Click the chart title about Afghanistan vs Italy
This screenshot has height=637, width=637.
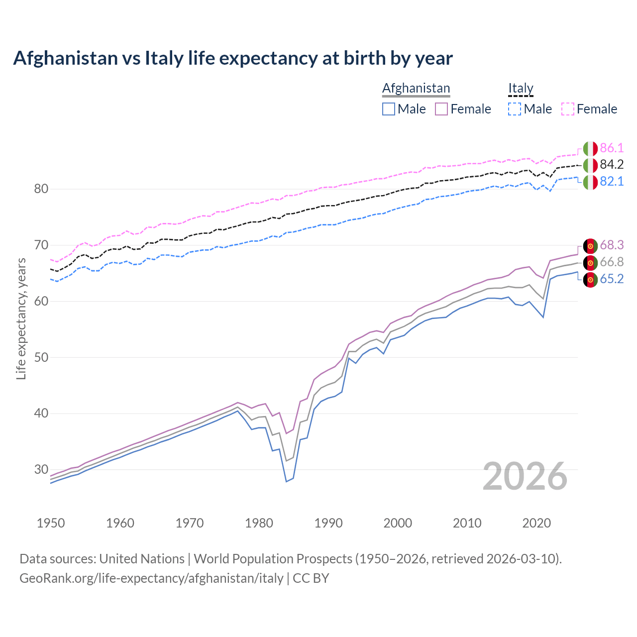click(x=233, y=58)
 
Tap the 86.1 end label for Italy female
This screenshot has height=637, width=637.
click(x=612, y=148)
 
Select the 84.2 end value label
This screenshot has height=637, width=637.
click(x=612, y=165)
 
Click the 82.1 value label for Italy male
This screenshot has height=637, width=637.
click(x=612, y=181)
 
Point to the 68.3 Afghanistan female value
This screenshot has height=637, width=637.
click(x=612, y=245)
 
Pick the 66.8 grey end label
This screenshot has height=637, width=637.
click(x=612, y=262)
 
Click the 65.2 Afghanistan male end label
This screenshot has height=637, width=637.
click(x=612, y=279)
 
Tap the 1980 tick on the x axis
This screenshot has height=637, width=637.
click(x=259, y=523)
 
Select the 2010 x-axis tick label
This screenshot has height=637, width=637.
click(x=467, y=523)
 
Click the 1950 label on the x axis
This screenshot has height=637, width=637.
click(x=51, y=523)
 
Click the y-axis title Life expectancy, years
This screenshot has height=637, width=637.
click(x=21, y=318)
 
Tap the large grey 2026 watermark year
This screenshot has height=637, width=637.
click(x=525, y=476)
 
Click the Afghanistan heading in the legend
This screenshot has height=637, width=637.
click(x=416, y=88)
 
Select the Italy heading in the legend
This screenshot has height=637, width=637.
click(x=521, y=88)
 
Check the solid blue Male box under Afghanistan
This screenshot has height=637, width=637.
click(x=389, y=109)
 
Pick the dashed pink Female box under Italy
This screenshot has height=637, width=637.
click(x=568, y=109)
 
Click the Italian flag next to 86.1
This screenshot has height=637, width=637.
click(x=590, y=148)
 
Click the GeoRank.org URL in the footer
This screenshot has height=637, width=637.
click(x=151, y=578)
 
